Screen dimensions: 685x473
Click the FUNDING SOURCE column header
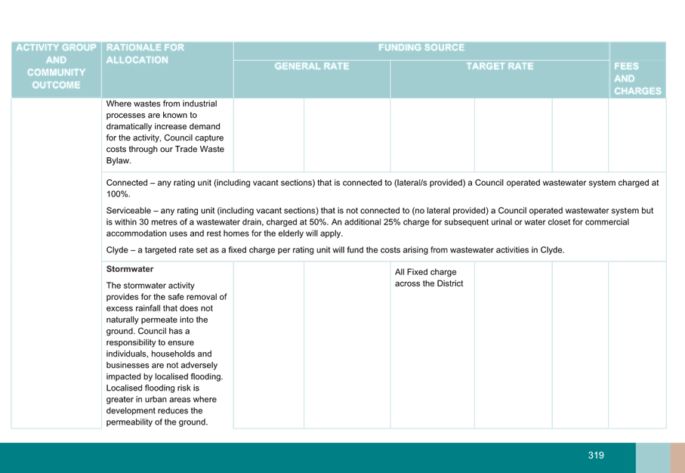(421, 48)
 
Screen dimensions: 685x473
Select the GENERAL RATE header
(311, 66)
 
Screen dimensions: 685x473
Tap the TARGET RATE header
(500, 66)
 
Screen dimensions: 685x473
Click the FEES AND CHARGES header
(637, 79)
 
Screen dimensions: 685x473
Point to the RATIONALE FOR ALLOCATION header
(145, 54)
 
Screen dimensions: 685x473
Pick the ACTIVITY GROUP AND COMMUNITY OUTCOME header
(56, 66)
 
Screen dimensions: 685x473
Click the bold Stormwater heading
(130, 269)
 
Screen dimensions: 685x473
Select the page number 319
(596, 456)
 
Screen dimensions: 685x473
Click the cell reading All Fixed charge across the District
(429, 277)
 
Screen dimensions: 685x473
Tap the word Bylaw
(119, 161)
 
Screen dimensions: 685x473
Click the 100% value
(118, 194)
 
